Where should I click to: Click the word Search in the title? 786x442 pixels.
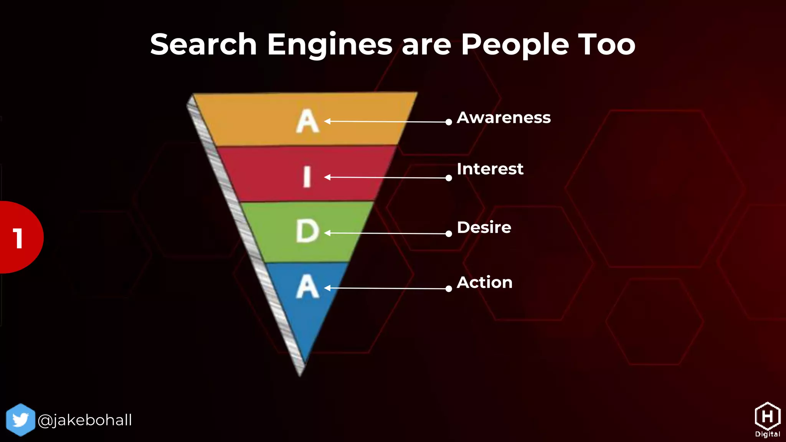203,45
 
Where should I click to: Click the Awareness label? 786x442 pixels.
504,117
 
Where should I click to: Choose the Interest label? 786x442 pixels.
490,169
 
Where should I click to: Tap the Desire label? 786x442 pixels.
484,228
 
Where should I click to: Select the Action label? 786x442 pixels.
484,282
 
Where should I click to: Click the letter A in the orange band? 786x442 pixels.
307,122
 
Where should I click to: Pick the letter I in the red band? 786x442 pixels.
307,177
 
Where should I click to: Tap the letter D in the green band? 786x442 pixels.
307,231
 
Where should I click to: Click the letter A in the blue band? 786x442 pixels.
307,287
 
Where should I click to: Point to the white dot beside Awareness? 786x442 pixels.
449,122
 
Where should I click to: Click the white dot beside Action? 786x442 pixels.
449,289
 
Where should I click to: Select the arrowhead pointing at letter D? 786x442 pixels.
327,233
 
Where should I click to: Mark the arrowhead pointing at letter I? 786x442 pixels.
327,177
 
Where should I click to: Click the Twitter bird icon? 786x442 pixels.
21,420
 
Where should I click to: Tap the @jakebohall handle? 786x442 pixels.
85,420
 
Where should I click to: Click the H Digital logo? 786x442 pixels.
767,419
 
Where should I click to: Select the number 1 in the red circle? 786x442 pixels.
18,238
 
